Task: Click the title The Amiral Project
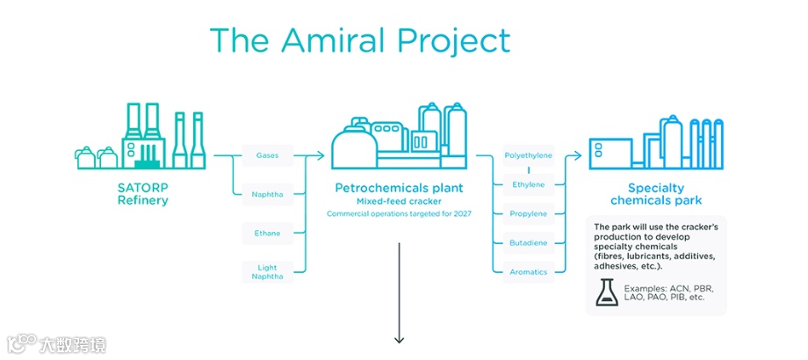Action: pos(359,40)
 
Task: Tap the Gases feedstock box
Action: pos(267,156)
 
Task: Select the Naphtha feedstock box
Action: pos(267,194)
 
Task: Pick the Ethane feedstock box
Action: pos(267,234)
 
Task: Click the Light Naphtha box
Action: pos(267,271)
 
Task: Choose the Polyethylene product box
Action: pos(529,156)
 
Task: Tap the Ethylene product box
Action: pos(529,184)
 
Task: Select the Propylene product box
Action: pos(529,213)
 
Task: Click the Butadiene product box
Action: pos(529,242)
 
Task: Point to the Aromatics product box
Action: pos(529,272)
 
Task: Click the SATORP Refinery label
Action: pos(142,194)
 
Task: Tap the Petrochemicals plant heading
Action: pos(399,188)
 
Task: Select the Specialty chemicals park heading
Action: pos(655,194)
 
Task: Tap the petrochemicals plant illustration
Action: pos(399,136)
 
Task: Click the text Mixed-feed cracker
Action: pos(399,201)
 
